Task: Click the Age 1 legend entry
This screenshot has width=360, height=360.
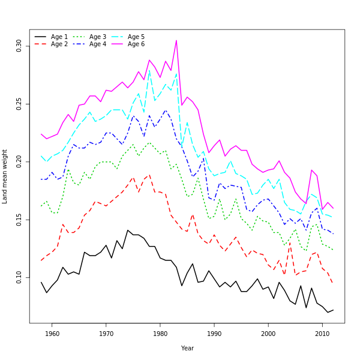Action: [59, 37]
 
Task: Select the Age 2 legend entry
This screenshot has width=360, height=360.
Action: [59, 44]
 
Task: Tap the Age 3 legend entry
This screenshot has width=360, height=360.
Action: [98, 37]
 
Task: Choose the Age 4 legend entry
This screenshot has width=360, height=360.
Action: [98, 44]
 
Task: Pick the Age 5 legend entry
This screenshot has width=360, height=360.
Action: [136, 37]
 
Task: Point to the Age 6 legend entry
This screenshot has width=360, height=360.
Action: [136, 44]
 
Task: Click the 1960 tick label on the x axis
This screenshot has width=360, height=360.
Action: [52, 334]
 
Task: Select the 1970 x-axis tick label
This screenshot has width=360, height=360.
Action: [106, 334]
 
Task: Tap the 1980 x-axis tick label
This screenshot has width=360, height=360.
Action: [160, 334]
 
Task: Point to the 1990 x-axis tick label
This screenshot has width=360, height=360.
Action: [214, 334]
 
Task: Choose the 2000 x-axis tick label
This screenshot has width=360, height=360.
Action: [268, 334]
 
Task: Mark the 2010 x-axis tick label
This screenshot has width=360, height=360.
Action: [322, 334]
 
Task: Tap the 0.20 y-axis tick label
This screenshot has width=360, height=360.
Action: [19, 161]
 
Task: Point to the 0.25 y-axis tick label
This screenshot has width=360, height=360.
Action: [19, 103]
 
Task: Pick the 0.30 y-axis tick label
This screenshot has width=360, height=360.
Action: [19, 46]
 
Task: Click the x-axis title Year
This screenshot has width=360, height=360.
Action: [187, 348]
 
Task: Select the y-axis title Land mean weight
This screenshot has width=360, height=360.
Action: [5, 176]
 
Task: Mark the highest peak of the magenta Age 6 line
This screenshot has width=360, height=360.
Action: [176, 40]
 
